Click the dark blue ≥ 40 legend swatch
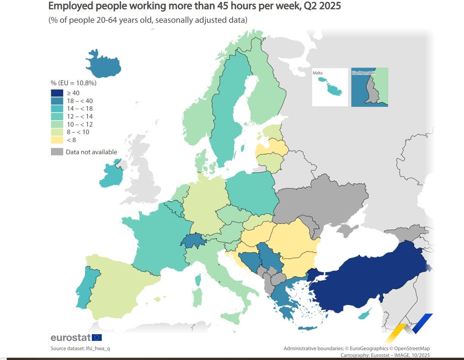click(x=57, y=93)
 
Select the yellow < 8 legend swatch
click(x=57, y=140)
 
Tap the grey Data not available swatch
click(x=57, y=152)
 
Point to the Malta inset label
click(x=317, y=72)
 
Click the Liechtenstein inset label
click(x=364, y=72)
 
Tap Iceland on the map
click(x=103, y=65)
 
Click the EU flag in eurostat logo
click(x=97, y=337)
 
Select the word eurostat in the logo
click(x=71, y=337)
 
